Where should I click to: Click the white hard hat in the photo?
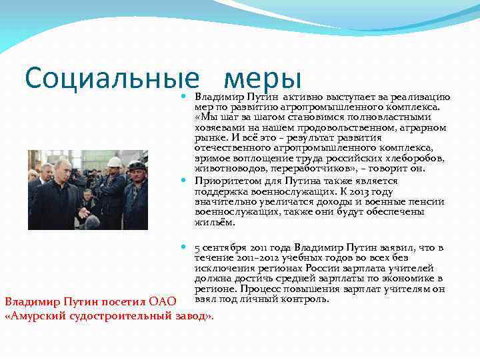pos(115,162)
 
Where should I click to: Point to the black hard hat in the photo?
pos(137,165)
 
